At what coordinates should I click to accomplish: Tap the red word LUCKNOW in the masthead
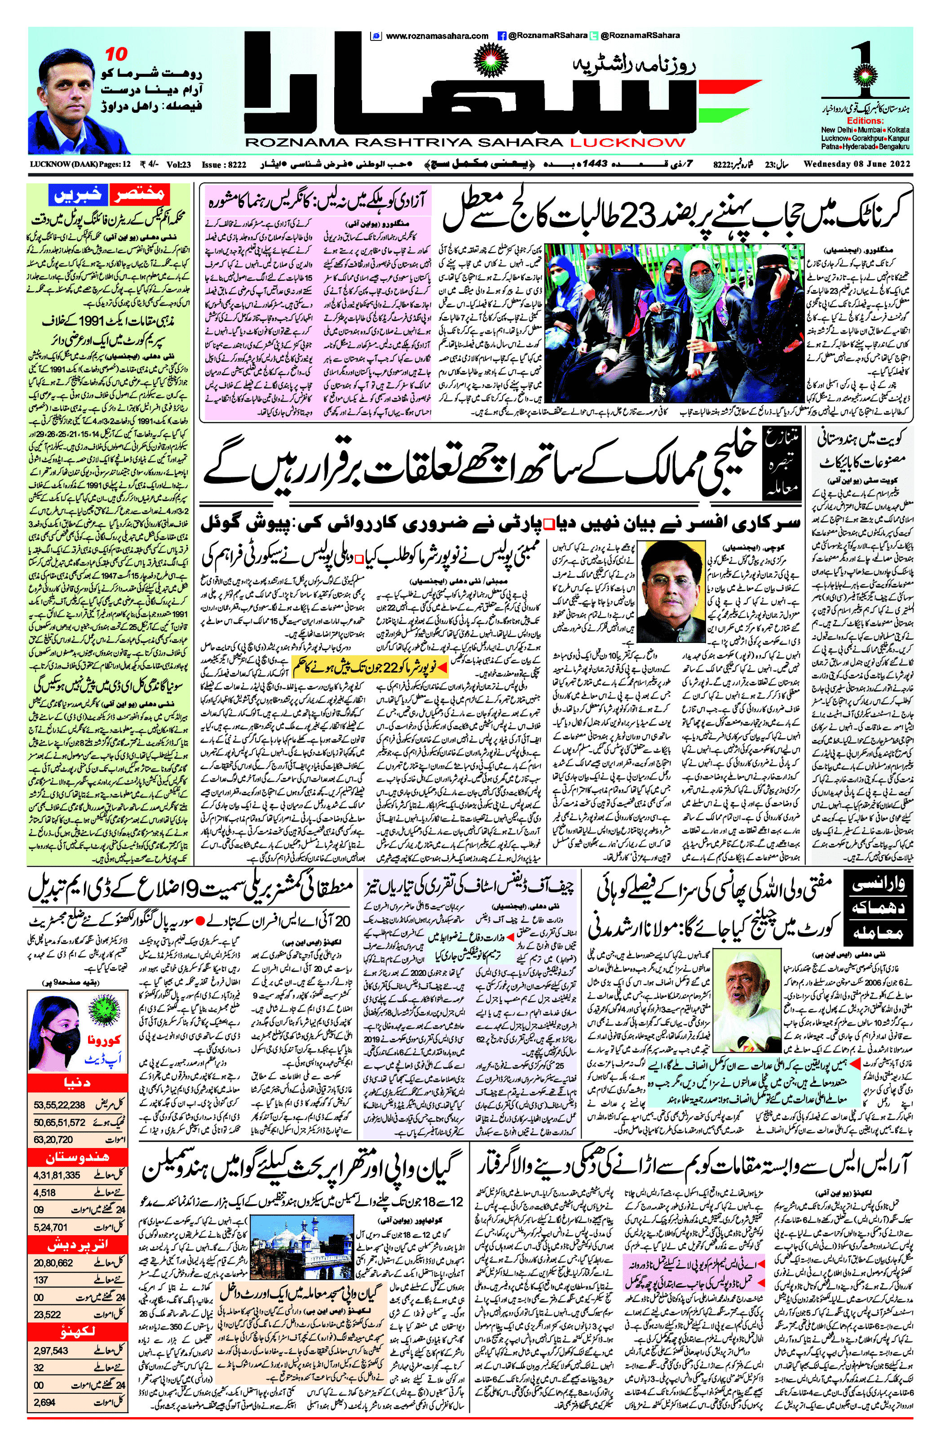(x=627, y=143)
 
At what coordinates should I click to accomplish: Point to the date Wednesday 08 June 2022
(x=857, y=164)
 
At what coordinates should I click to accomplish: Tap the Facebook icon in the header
(x=502, y=36)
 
